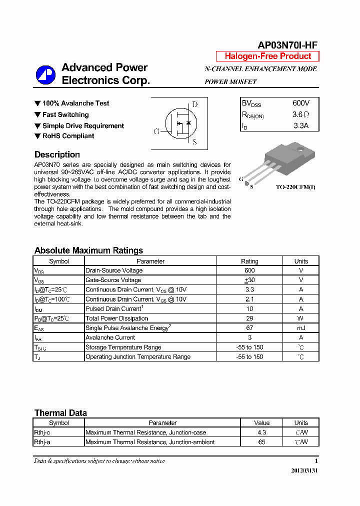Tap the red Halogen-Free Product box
(x=267, y=56)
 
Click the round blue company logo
(x=45, y=75)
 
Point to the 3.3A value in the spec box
(x=301, y=126)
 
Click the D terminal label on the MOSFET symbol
(x=195, y=104)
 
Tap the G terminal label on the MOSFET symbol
(x=156, y=131)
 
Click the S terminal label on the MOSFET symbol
(x=194, y=142)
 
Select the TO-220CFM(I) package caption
(x=296, y=187)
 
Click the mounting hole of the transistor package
(x=299, y=148)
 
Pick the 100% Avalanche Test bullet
(x=75, y=103)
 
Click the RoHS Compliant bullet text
(x=68, y=136)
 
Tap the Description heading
(x=57, y=154)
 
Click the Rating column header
(x=249, y=261)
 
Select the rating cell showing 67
(x=249, y=328)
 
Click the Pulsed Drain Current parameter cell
(x=114, y=309)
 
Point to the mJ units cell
(x=301, y=328)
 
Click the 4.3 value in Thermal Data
(x=261, y=432)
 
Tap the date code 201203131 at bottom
(x=304, y=471)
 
